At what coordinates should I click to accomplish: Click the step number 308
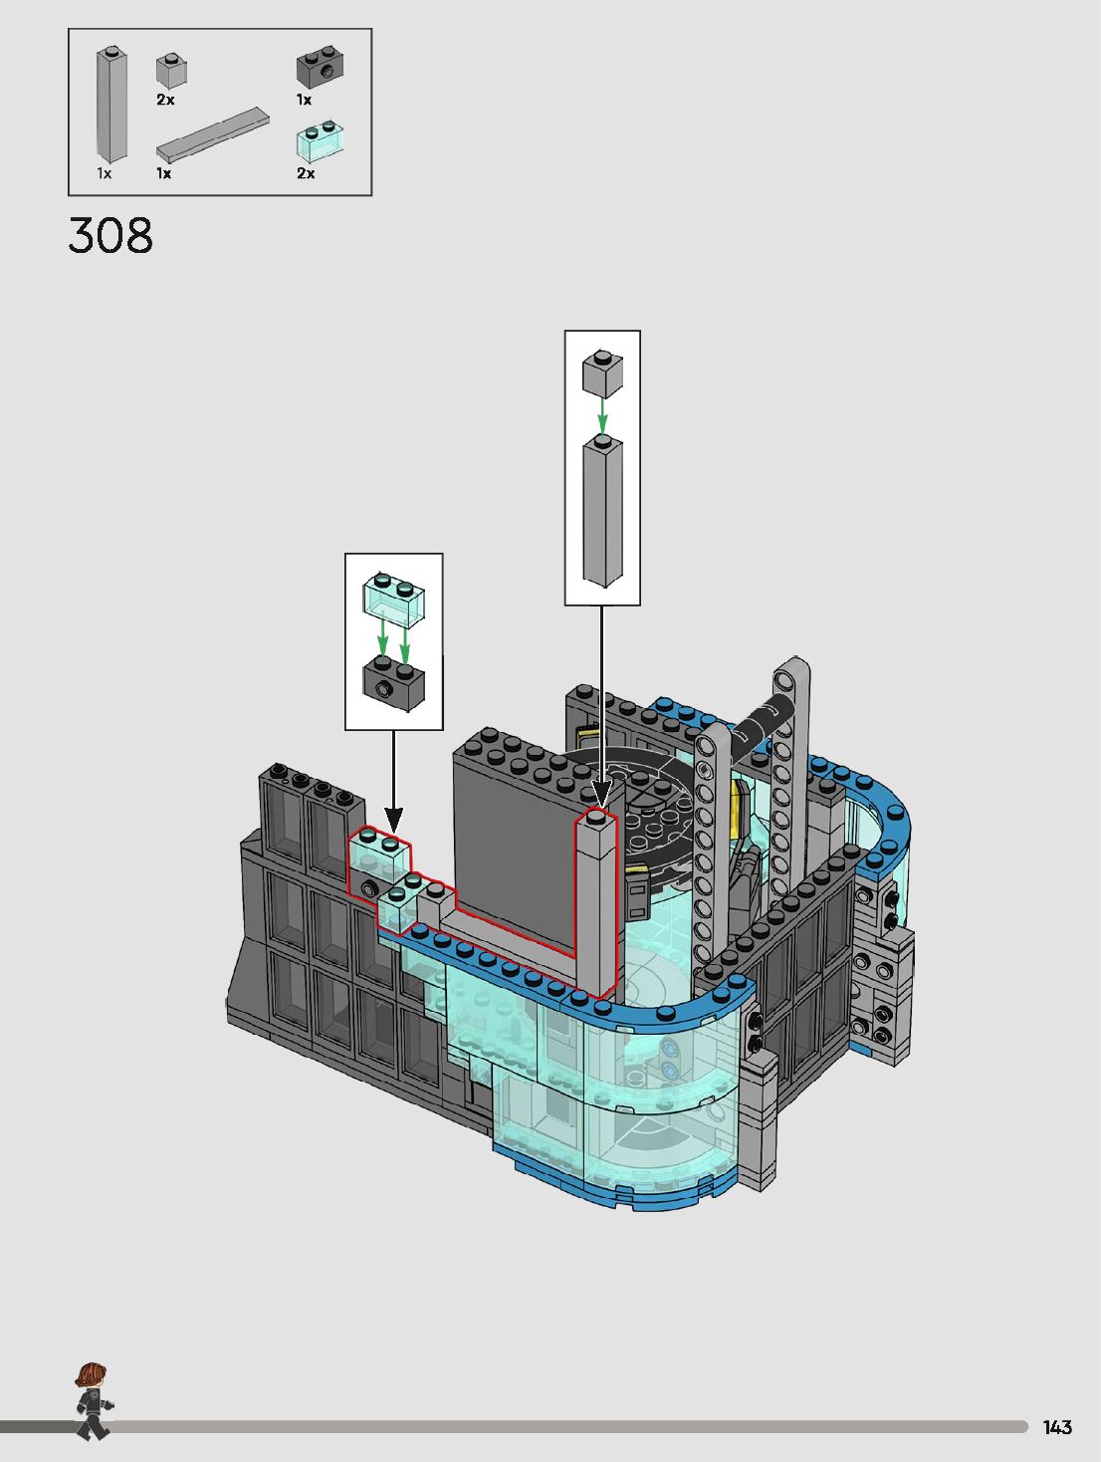[x=110, y=236]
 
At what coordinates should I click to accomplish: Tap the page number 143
[x=1057, y=1427]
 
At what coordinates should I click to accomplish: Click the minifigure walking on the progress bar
[x=93, y=1401]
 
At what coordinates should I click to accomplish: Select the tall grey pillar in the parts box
[x=111, y=105]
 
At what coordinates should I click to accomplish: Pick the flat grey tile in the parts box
[x=212, y=133]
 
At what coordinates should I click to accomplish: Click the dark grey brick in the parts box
[x=320, y=67]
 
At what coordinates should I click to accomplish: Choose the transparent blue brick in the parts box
[x=320, y=141]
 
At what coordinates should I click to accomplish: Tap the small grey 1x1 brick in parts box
[x=171, y=71]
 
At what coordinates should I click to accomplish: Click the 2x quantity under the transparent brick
[x=306, y=173]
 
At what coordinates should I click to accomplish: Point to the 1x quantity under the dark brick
[x=304, y=100]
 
